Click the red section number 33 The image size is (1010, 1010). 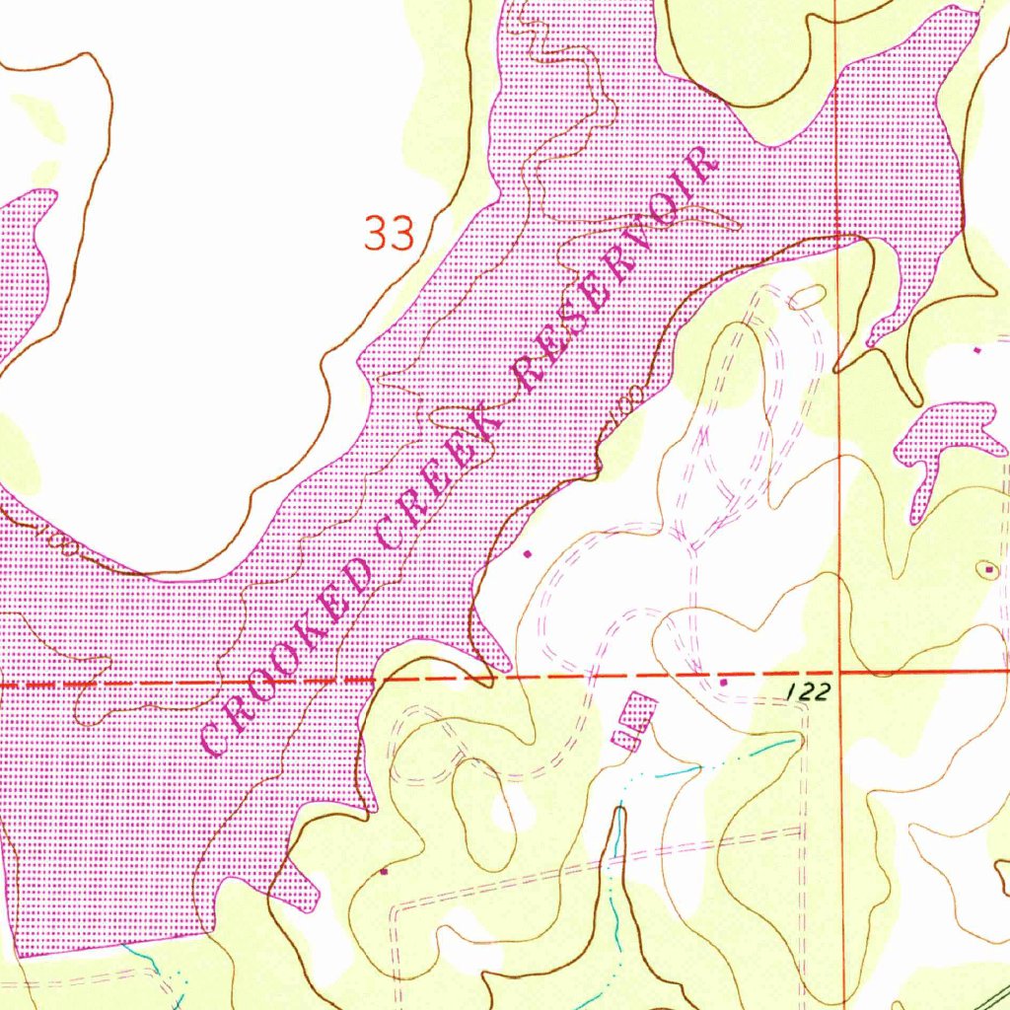389,234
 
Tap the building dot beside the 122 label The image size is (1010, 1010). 723,682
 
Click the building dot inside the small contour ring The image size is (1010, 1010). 990,569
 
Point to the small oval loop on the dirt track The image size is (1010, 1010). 807,295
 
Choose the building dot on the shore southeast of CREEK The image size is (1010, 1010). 526,553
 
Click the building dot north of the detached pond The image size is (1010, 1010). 977,349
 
